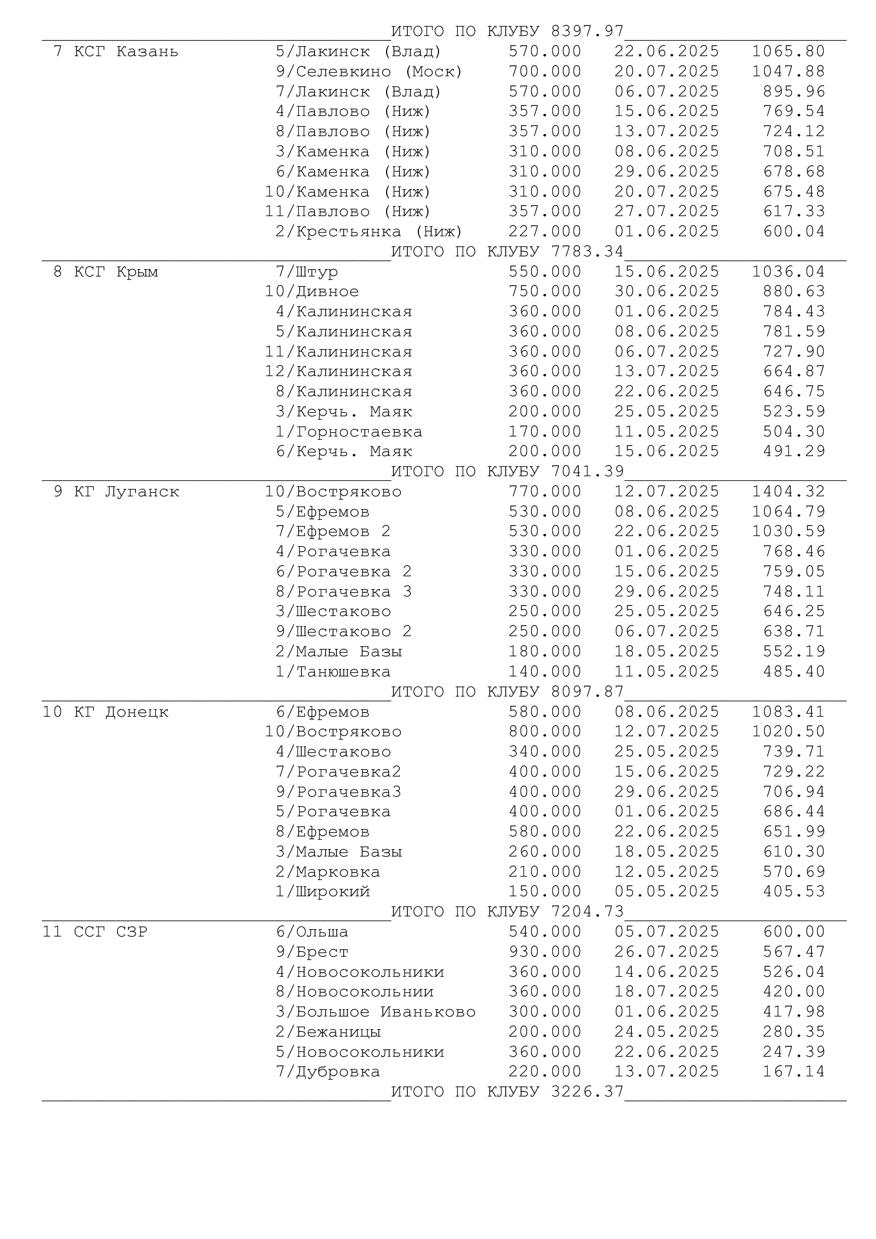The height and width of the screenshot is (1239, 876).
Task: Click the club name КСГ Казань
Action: pos(126,52)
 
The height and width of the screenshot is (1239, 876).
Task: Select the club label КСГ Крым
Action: pos(115,272)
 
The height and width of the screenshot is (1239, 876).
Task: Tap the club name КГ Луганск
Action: pos(126,492)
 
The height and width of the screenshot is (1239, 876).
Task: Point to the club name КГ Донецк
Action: pos(121,712)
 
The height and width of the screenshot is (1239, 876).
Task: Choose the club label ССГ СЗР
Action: pos(110,932)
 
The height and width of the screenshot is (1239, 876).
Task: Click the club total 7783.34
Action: pos(587,252)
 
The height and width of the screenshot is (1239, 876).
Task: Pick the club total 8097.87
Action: pos(587,692)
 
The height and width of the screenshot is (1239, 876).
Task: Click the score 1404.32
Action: pos(789,492)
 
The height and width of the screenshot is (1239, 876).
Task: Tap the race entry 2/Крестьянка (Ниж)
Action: pos(369,232)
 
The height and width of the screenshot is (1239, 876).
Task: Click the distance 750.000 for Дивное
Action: pos(545,292)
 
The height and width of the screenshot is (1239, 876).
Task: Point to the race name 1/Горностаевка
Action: pos(349,432)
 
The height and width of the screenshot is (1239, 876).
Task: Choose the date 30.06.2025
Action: pos(667,292)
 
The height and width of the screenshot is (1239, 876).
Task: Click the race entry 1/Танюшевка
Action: pos(333,672)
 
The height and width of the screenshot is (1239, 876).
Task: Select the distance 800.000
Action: pos(545,732)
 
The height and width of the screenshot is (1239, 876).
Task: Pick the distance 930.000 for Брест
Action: pos(545,952)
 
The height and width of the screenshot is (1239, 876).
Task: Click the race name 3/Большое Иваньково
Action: pos(376,1012)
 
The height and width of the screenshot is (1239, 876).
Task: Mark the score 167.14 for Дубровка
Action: pos(793,1072)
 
